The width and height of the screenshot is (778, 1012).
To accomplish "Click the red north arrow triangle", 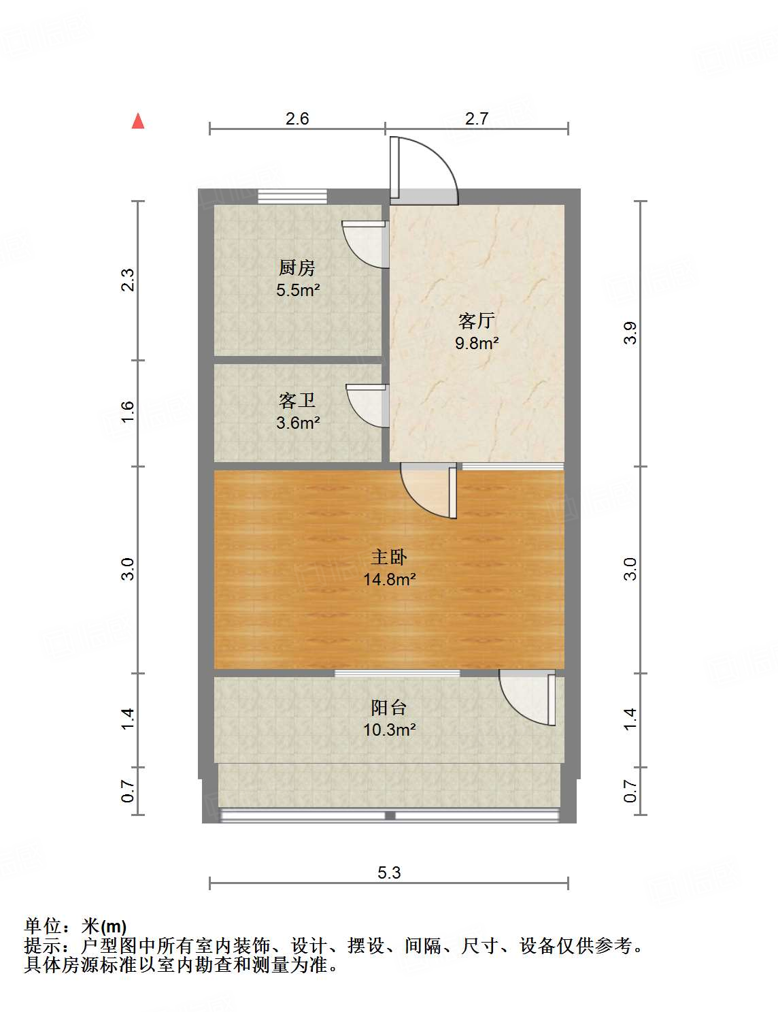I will click(x=138, y=121).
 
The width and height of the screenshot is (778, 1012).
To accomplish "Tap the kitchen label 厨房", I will click(x=297, y=267).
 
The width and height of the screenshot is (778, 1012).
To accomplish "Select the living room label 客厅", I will click(x=476, y=321).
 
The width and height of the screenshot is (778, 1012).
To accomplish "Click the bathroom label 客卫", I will click(x=297, y=400).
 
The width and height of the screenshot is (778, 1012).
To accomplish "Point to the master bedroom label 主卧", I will click(x=388, y=557).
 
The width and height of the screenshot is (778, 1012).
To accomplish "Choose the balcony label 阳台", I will click(x=388, y=707).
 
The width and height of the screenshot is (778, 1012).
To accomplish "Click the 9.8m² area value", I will click(x=476, y=343).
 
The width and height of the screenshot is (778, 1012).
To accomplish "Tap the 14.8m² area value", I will click(x=388, y=580).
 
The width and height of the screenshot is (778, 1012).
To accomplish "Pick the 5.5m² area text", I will click(x=297, y=290).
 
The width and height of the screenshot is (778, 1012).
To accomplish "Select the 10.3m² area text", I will click(x=388, y=730).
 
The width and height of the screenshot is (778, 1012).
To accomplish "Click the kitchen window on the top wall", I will click(x=292, y=196).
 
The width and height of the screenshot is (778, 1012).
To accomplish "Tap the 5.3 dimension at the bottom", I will click(x=389, y=872).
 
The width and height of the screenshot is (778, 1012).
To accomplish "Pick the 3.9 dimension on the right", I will click(x=630, y=332).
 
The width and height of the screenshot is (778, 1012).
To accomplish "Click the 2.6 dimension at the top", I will click(x=297, y=118).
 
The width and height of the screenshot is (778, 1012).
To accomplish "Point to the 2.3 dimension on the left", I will click(x=127, y=280).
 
